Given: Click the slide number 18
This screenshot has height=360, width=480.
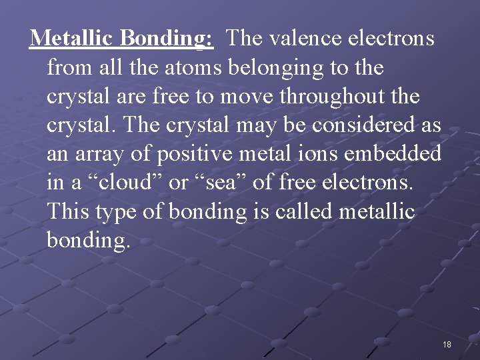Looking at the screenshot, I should click(x=447, y=344).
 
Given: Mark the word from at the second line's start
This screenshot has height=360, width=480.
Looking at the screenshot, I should click(x=70, y=67).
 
